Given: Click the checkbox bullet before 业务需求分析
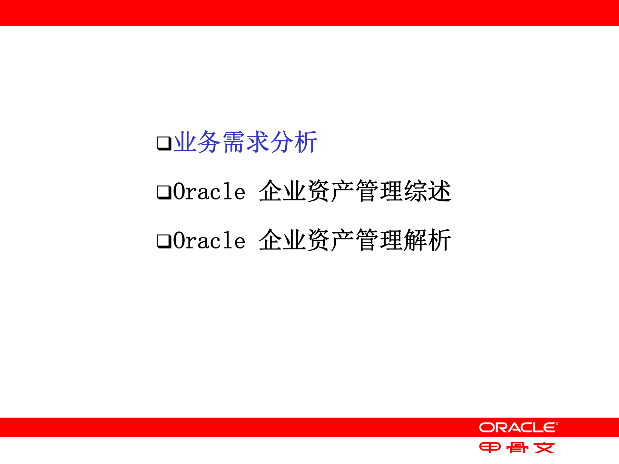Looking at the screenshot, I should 164,143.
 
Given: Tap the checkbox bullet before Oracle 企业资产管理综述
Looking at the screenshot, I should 164,192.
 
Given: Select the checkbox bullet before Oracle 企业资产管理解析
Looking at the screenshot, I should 164,241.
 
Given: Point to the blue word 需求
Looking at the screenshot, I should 246,142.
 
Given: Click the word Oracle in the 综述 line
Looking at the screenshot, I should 209,192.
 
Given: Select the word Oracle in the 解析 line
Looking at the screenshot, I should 209,241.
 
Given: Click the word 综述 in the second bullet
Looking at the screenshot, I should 427,191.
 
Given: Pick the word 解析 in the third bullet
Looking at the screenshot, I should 427,240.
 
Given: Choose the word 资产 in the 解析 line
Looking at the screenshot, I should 331,240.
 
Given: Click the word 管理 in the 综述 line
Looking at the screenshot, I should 379,191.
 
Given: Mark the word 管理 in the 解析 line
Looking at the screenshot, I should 379,240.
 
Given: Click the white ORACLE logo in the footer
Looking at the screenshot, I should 518,428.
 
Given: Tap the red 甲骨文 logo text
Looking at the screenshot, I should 517,448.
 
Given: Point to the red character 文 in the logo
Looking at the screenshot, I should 544,448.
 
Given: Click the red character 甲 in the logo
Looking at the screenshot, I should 490,448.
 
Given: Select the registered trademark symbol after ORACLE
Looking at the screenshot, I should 557,424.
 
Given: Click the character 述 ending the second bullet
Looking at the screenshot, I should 440,191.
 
